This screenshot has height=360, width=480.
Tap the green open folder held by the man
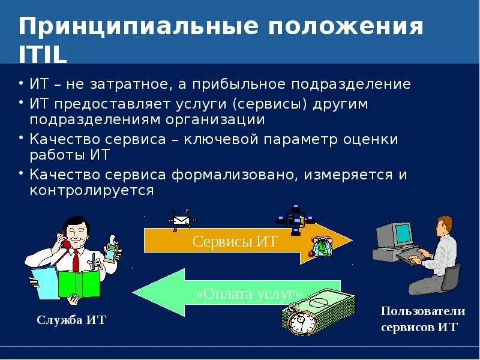pyautogui.click(x=78, y=284)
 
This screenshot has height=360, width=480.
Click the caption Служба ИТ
pyautogui.click(x=71, y=320)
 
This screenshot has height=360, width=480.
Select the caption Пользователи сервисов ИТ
pyautogui.click(x=422, y=319)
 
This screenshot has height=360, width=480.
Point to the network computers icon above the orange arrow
pyautogui.click(x=295, y=219)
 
